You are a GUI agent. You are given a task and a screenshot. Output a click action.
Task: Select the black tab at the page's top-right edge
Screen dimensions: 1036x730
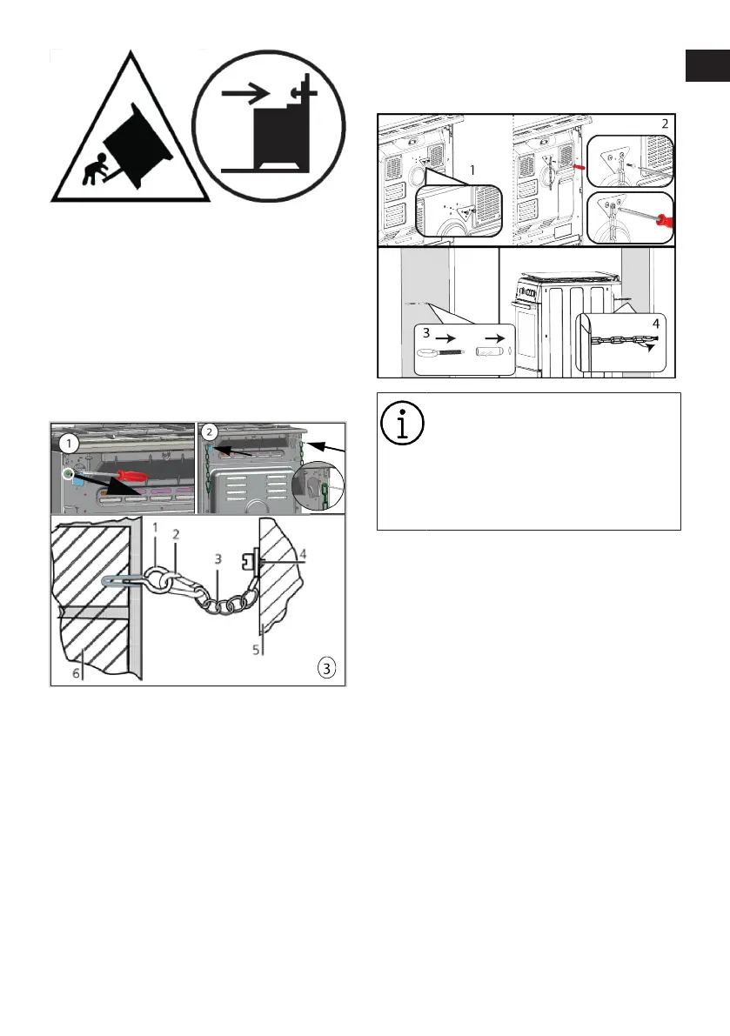[x=707, y=66]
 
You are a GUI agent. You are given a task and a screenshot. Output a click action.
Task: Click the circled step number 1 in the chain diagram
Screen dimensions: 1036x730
[x=69, y=441]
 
